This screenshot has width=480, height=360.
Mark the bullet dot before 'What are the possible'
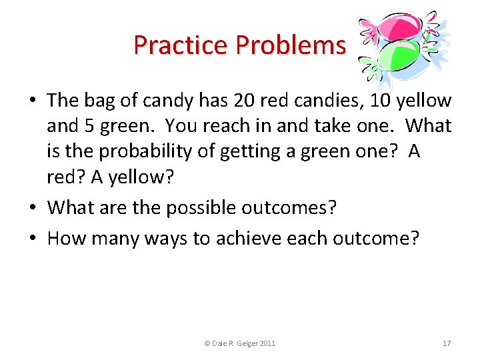tap(33, 208)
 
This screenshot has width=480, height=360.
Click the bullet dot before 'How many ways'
tap(33, 238)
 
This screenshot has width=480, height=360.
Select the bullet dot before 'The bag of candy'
tap(33, 101)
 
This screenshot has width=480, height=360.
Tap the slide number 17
tap(447, 343)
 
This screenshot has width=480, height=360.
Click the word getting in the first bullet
tap(255, 152)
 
